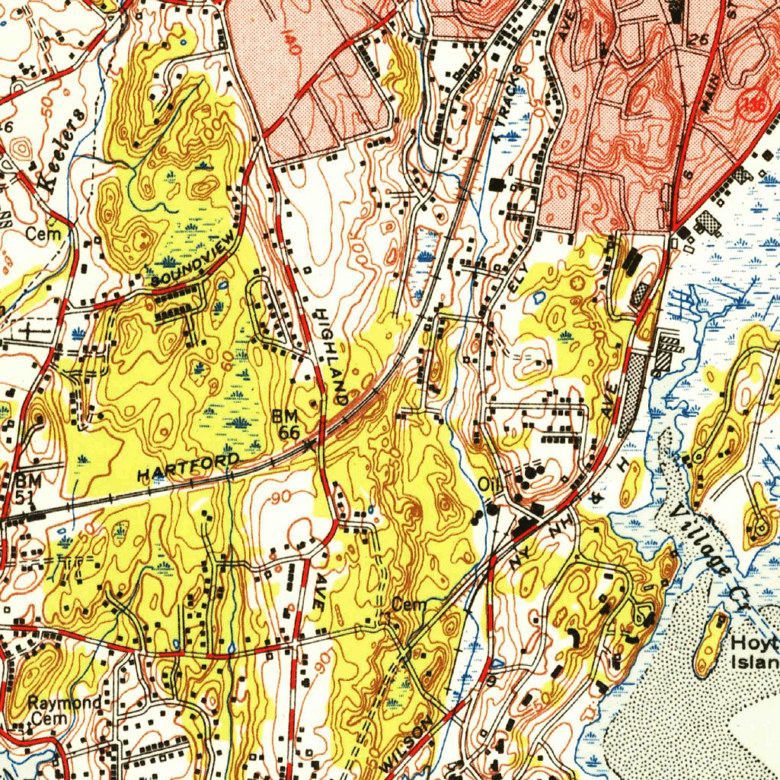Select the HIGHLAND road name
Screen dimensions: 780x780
331,355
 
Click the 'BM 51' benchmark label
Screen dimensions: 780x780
25,488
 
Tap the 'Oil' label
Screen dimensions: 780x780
487,484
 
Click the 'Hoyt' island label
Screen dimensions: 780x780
754,644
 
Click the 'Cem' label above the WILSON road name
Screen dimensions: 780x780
405,604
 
